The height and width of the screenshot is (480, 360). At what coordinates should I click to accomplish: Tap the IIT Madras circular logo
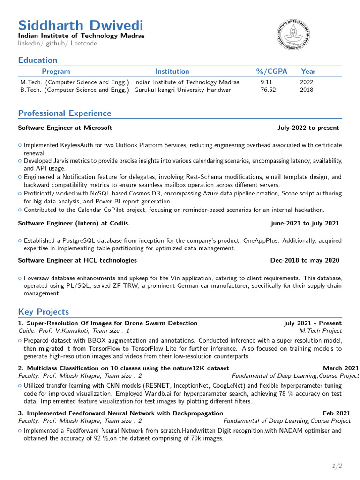(292, 36)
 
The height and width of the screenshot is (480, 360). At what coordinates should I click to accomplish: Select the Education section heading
(37, 60)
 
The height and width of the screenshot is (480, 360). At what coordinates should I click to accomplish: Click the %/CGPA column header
(271, 71)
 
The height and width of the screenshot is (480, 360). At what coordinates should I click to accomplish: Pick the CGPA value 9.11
(266, 82)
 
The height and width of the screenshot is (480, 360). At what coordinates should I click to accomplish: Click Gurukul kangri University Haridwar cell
(182, 90)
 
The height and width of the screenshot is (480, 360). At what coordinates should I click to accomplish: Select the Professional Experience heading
(65, 113)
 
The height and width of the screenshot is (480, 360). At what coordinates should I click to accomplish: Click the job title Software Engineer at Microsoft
(65, 127)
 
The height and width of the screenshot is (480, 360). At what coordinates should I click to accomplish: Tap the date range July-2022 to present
(308, 127)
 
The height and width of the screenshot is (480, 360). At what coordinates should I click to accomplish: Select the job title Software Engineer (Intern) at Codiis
(74, 223)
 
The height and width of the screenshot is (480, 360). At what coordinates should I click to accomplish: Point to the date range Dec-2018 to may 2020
(305, 260)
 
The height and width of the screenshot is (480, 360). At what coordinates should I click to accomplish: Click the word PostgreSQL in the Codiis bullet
(75, 240)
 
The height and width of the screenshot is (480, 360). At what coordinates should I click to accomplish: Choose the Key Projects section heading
(44, 312)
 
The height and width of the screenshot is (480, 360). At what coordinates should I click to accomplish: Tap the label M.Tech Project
(320, 330)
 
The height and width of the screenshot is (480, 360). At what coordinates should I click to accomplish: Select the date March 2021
(341, 368)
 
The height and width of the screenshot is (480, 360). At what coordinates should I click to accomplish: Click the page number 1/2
(337, 465)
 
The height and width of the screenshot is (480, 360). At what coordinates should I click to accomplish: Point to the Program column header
(56, 71)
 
